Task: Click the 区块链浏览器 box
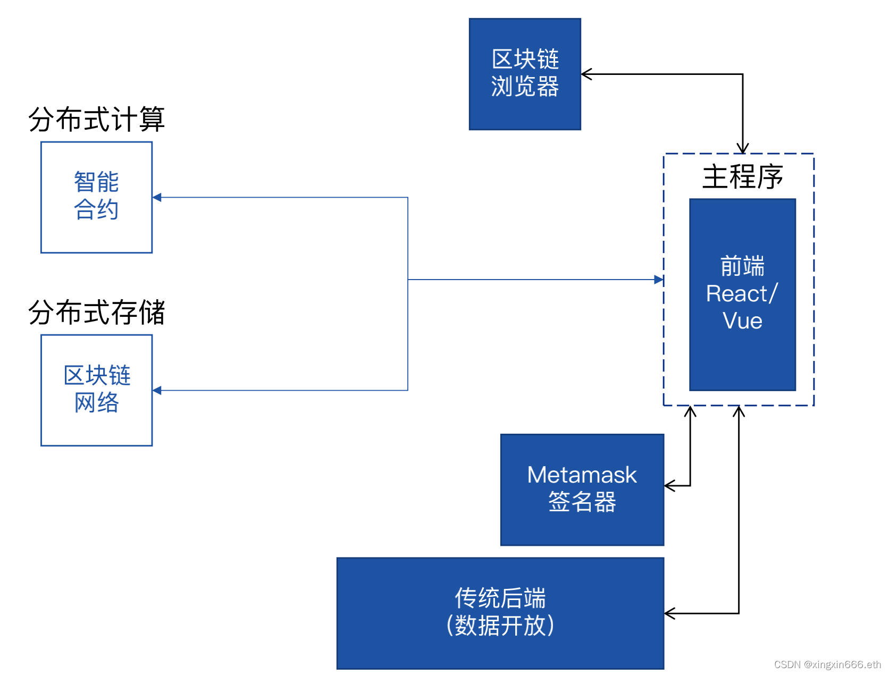click(x=524, y=74)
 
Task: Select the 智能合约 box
click(x=96, y=197)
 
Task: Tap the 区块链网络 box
click(x=96, y=390)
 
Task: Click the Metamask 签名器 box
click(x=582, y=489)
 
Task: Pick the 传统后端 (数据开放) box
click(x=500, y=612)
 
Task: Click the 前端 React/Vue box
click(x=742, y=294)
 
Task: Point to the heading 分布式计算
click(x=96, y=119)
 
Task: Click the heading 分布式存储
click(x=96, y=312)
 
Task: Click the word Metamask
click(x=582, y=475)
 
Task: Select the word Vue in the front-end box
click(x=742, y=321)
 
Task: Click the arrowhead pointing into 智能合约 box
click(x=157, y=197)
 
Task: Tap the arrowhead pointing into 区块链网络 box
click(x=157, y=390)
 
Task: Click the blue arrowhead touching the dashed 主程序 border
click(x=659, y=280)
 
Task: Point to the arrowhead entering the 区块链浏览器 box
click(x=586, y=74)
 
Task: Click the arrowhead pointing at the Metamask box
click(x=669, y=485)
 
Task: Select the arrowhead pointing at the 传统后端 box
click(x=669, y=613)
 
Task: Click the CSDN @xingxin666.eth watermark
click(x=827, y=664)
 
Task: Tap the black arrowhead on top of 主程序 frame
click(x=742, y=148)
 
